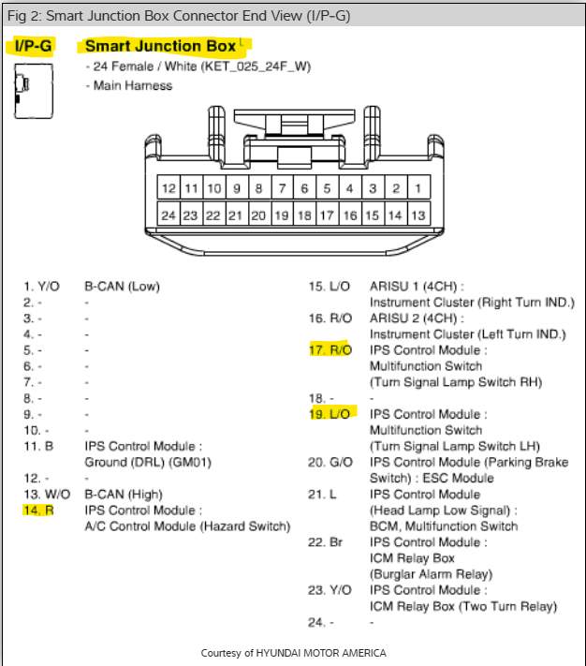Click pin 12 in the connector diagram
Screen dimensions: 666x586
[168, 188]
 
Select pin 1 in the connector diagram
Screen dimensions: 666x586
[418, 188]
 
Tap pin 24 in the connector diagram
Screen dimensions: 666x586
[168, 215]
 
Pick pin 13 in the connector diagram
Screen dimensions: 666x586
[418, 215]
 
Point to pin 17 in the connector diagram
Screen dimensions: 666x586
[327, 215]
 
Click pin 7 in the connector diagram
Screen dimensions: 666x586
[282, 188]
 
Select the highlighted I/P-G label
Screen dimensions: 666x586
[34, 46]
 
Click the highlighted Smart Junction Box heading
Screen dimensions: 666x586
[160, 46]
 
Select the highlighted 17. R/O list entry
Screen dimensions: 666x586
[330, 350]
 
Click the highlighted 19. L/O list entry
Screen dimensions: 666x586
[330, 414]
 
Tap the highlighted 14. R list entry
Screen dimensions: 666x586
[38, 511]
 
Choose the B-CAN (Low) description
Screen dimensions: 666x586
[122, 286]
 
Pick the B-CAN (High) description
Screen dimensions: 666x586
[123, 495]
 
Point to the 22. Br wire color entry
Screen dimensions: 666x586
[324, 542]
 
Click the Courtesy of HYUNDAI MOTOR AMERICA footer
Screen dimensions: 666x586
[293, 653]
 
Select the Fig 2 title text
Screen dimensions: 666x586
[179, 14]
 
